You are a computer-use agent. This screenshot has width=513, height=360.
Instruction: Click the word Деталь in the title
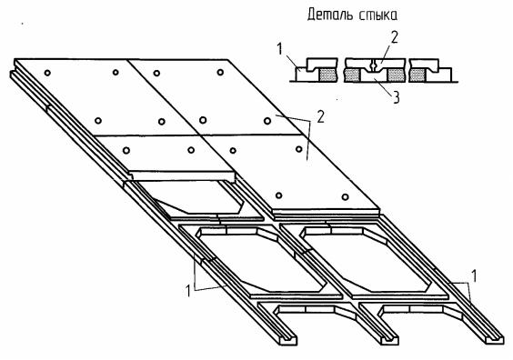(331, 15)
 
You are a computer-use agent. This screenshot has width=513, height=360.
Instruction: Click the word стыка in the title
(378, 15)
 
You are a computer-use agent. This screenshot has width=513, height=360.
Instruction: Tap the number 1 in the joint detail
(279, 49)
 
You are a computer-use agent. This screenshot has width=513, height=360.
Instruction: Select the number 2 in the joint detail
(395, 37)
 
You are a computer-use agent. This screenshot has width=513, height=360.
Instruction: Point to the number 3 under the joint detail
(396, 97)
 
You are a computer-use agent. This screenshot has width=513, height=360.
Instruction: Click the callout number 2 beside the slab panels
(320, 116)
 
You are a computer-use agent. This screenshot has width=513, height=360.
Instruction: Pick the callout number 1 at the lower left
(187, 291)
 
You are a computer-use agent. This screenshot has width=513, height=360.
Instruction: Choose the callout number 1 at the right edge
(473, 276)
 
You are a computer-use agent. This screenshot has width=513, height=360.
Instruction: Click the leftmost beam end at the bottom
(287, 339)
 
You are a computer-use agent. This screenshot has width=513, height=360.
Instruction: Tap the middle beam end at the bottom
(388, 339)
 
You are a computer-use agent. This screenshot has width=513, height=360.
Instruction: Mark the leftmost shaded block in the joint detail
(327, 75)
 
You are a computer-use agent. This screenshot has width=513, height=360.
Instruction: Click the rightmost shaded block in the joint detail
(417, 75)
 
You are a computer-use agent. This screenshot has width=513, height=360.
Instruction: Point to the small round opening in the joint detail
(373, 66)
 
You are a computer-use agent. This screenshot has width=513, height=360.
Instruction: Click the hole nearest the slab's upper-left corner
(47, 73)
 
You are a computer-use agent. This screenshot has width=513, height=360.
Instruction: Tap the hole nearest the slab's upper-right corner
(220, 72)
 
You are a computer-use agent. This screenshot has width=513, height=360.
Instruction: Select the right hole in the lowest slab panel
(345, 197)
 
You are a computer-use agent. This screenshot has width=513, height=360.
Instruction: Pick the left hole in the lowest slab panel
(278, 195)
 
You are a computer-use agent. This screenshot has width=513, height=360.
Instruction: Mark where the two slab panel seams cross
(198, 135)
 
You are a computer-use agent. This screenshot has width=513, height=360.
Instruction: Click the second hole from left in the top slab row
(116, 72)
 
